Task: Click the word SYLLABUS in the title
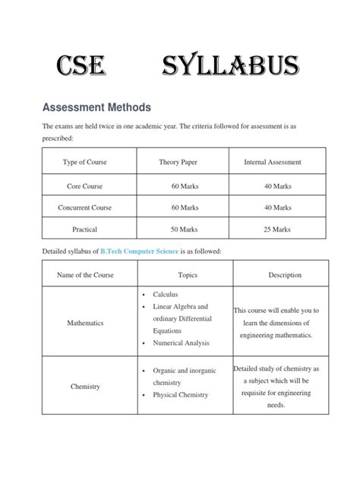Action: pyautogui.click(x=229, y=68)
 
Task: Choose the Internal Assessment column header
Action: pyautogui.click(x=273, y=162)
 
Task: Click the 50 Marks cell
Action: pyautogui.click(x=185, y=229)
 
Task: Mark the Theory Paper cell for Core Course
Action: pyautogui.click(x=185, y=185)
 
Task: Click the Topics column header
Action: pyautogui.click(x=188, y=274)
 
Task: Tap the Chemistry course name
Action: pyautogui.click(x=85, y=387)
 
